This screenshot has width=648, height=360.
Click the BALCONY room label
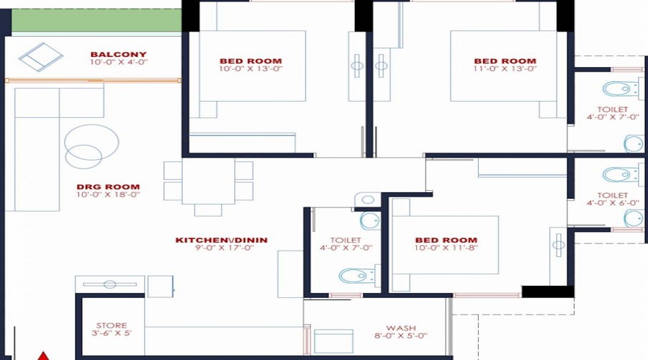coord(119,54)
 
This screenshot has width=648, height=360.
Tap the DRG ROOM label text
coord(108,186)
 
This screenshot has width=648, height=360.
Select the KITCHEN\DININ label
coord(222,240)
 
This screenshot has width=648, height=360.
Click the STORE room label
coord(112,325)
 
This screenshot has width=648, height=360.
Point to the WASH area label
coord(401,328)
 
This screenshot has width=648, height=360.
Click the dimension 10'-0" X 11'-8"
coord(446,248)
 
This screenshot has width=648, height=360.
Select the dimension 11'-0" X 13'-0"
coord(505,68)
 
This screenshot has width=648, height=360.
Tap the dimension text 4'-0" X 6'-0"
coord(613,203)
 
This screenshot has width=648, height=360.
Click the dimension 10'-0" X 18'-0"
coord(108,194)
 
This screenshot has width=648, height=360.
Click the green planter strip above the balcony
coord(96,20)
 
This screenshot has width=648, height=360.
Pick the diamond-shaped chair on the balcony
coord(41,57)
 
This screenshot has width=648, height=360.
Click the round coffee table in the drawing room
coord(91,143)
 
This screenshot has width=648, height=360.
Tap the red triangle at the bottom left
coord(43,356)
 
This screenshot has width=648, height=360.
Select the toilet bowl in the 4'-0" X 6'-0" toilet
coord(621,174)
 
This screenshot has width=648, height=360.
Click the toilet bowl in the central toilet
coord(356,276)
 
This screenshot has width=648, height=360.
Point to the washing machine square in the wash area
coord(333,341)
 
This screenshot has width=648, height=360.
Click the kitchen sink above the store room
coord(110,284)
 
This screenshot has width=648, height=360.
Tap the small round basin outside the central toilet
coord(367,200)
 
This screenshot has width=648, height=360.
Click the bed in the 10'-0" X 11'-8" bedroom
coord(444,245)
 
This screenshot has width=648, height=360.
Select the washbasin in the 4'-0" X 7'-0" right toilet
coord(634,144)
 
